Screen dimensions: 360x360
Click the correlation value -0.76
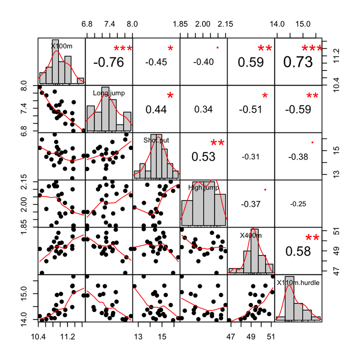coord(108,62)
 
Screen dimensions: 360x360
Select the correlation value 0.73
coord(298,62)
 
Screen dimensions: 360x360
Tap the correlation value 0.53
coord(203,156)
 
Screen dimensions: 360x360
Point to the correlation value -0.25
coord(298,204)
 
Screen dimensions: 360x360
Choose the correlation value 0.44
coord(156,109)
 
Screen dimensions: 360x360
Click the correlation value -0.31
coord(251,156)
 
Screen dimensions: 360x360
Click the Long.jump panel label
coord(108,92)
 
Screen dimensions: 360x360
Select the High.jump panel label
coord(203,187)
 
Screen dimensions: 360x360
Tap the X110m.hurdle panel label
coord(298,282)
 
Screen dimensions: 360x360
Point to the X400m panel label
coord(251,234)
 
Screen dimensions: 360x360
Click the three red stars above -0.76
coord(122,48)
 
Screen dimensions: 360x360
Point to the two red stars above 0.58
coord(312,238)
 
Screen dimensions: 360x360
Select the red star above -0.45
coord(170,48)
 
